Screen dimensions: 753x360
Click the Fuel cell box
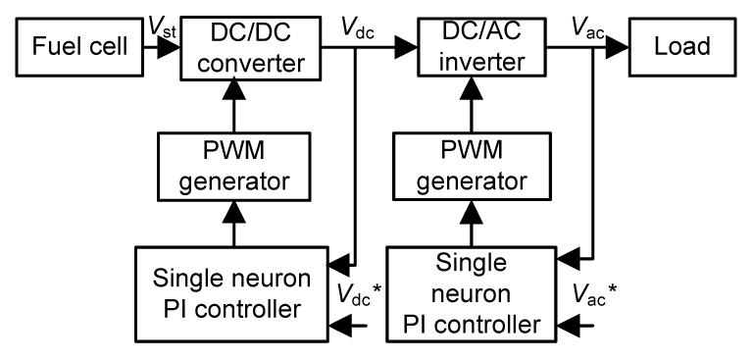79,47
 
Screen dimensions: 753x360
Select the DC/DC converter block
251,48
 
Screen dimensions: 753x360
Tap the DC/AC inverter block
482,47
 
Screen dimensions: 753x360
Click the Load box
682,47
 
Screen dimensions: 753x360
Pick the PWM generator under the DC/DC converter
234,167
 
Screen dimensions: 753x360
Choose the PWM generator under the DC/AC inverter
471,167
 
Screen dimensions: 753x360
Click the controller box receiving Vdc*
231,294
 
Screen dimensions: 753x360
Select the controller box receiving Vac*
472,294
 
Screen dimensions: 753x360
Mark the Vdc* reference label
359,294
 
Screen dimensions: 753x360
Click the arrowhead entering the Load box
617,48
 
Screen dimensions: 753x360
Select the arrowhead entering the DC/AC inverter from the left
406,48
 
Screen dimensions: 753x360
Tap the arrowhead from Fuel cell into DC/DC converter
169,48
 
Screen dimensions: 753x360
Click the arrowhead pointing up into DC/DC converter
234,89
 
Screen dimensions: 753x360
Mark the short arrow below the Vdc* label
348,327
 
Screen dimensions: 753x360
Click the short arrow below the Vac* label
576,327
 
